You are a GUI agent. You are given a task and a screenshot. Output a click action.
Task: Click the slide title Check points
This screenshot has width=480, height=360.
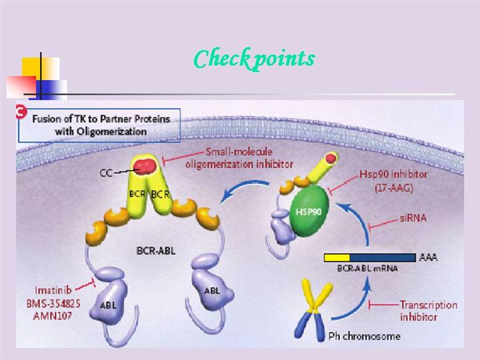[x=253, y=59]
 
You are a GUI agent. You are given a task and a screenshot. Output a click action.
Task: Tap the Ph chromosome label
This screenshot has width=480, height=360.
[x=366, y=335]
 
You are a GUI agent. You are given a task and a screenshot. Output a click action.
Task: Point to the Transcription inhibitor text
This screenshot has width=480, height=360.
[x=429, y=310]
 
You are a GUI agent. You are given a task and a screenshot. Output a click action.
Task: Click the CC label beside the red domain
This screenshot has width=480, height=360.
[x=106, y=173]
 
